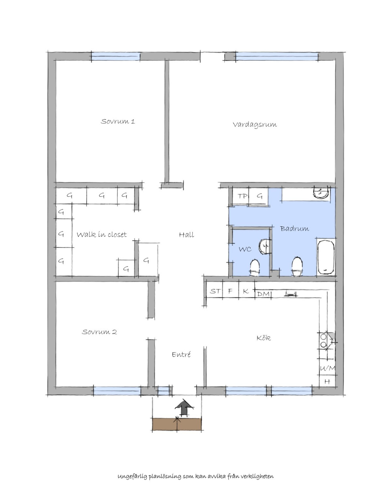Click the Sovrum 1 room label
pos(118,121)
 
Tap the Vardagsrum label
pos(254,125)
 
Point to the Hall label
pos(186,234)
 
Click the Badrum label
pos(295,228)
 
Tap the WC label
pos(245,249)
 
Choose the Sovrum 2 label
pos(99,332)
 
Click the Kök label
pos(264,338)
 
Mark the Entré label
pos(181,355)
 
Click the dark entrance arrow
pos(184,407)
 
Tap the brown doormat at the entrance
pos(177,424)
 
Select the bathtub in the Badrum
pos(326,257)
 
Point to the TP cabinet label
pos(242,196)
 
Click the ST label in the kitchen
pos(215,291)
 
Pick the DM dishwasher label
pos(263,294)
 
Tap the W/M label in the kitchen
pos(327,369)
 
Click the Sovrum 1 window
pos(116,56)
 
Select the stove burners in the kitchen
pos(324,340)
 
